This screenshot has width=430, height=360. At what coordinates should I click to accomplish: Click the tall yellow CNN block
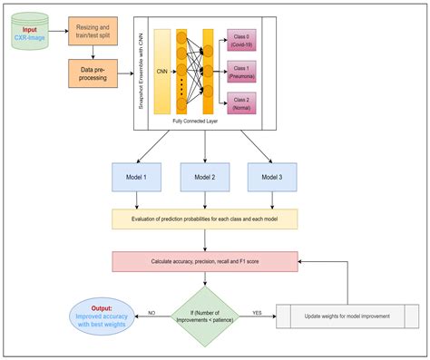[162, 72]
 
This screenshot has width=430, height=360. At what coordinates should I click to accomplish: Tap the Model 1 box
[135, 178]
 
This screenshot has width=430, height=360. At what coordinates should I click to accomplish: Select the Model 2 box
[203, 178]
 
